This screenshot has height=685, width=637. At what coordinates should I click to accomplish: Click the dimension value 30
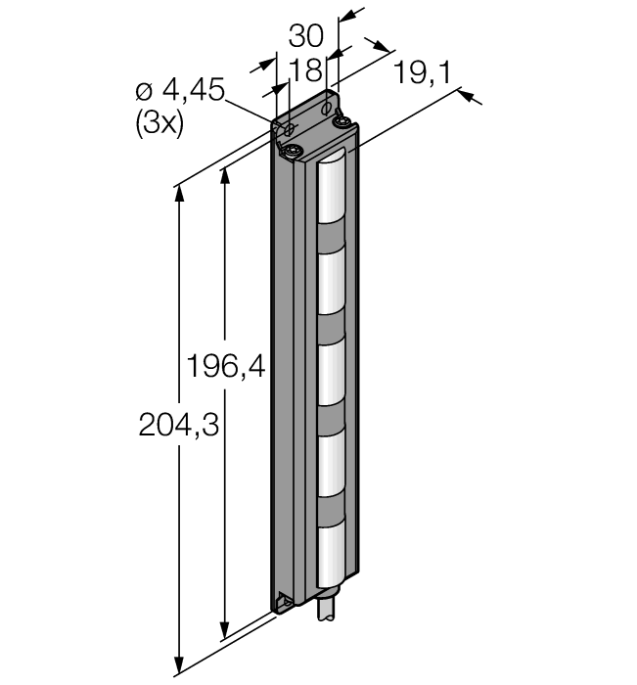(x=305, y=36)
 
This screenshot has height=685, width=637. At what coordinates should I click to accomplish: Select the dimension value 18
(x=305, y=69)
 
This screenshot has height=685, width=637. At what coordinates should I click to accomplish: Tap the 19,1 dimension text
(x=422, y=72)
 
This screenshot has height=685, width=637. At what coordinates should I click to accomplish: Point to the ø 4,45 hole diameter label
(x=180, y=90)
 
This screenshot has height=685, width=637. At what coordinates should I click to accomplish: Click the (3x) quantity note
(x=159, y=124)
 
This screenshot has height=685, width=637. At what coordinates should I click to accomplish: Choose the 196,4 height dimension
(x=226, y=366)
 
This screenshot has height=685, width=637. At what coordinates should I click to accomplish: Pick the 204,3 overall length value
(x=179, y=425)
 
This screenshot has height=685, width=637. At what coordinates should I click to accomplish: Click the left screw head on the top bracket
(x=292, y=152)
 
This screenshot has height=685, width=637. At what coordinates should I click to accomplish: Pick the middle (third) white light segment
(x=331, y=374)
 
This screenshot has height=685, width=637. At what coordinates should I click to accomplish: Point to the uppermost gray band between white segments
(x=331, y=239)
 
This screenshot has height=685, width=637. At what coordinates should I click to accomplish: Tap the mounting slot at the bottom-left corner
(x=285, y=601)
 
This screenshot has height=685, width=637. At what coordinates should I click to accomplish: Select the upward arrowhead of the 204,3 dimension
(x=179, y=195)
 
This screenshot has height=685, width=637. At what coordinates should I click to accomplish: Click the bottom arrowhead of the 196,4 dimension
(x=225, y=630)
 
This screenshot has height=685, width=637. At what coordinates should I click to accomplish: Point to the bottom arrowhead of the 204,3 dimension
(x=179, y=664)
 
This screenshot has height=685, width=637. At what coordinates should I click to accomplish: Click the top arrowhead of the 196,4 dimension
(x=225, y=176)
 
